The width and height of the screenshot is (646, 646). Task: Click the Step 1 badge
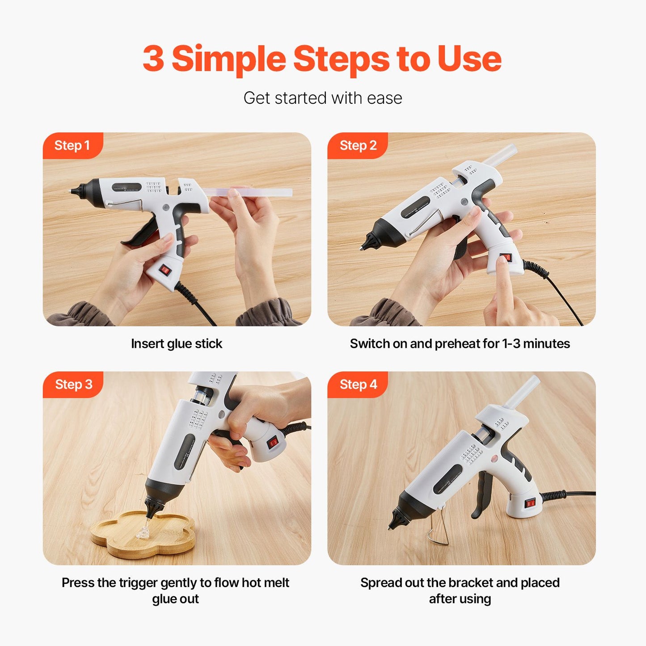(x=73, y=145)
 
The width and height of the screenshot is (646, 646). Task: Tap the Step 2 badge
(x=358, y=145)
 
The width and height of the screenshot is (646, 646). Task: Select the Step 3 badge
(x=73, y=384)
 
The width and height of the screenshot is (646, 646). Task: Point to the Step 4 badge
(x=358, y=384)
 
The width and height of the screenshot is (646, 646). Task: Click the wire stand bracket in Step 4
(x=438, y=527)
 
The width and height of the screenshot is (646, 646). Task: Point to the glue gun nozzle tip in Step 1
(x=70, y=191)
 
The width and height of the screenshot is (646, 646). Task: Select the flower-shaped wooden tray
(x=143, y=535)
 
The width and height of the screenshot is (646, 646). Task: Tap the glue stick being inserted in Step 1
(x=248, y=192)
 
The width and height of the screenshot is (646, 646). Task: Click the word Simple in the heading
(x=229, y=59)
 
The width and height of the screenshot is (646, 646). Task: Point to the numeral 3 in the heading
(x=153, y=58)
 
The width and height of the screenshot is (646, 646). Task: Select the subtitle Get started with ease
(x=322, y=98)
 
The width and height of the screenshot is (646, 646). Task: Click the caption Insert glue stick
(x=176, y=344)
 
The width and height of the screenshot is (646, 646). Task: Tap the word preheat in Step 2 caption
(x=457, y=344)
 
